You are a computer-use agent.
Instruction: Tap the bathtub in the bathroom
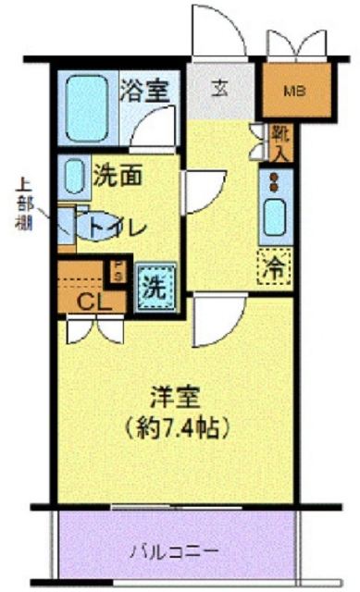click(89, 106)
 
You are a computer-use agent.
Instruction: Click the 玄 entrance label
click(221, 89)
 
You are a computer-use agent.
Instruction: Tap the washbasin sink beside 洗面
click(74, 174)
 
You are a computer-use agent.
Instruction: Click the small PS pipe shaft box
click(118, 269)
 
